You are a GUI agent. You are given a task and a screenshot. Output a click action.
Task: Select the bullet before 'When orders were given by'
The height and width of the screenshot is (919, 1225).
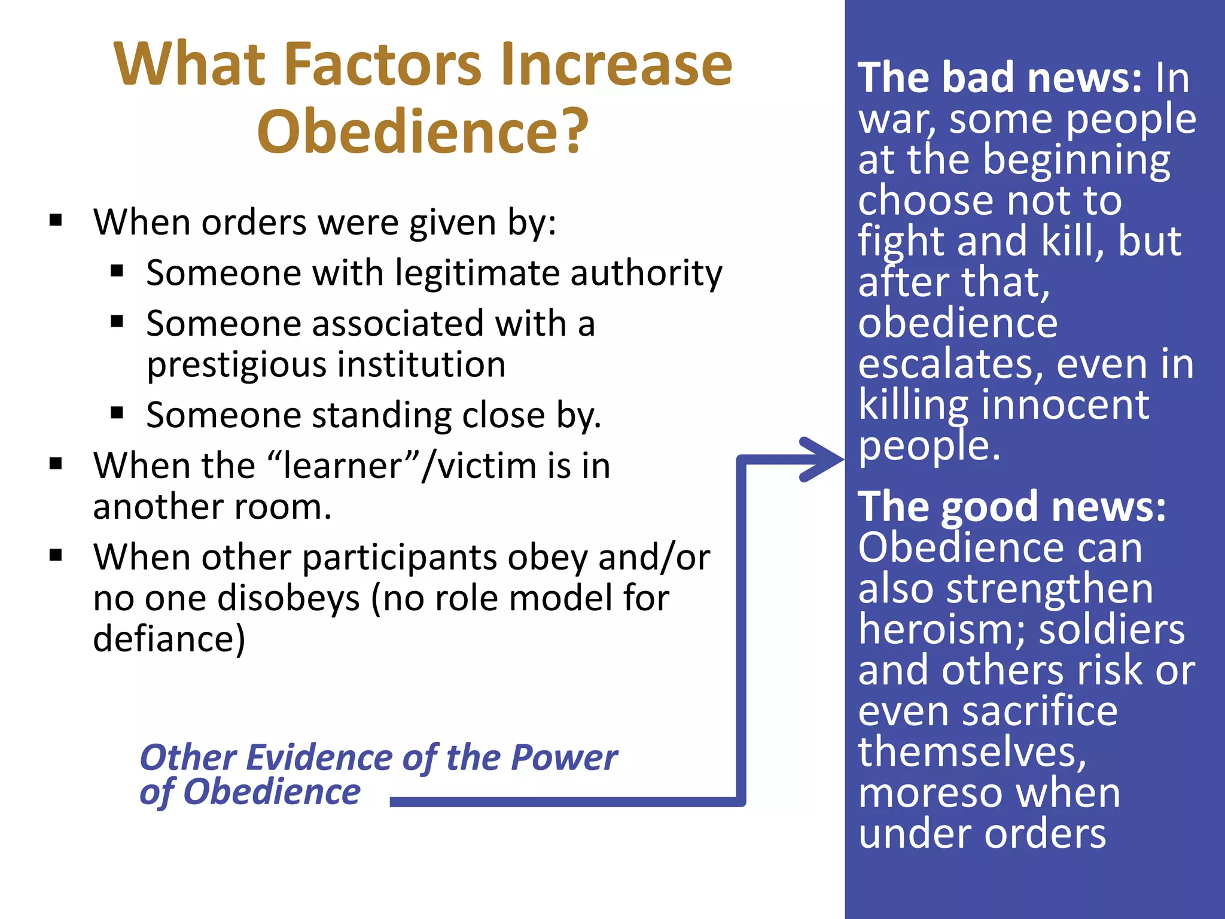(56, 220)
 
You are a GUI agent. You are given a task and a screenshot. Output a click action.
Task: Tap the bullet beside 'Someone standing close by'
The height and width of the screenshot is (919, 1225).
(117, 413)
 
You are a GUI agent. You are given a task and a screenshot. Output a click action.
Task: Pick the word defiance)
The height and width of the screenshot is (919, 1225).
(169, 639)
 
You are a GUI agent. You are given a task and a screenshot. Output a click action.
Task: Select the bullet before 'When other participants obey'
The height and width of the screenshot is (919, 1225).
(56, 555)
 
